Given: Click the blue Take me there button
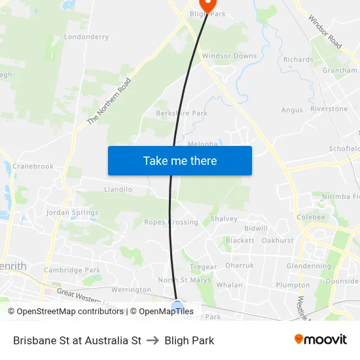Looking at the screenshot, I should click(180, 160).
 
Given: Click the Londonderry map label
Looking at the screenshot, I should click(86, 37).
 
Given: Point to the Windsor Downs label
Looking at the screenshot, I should click(229, 56).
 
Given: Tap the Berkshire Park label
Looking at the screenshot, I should click(182, 113).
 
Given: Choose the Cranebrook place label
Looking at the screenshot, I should click(33, 166).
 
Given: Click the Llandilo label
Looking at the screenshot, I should click(118, 190).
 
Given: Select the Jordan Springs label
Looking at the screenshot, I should click(72, 213).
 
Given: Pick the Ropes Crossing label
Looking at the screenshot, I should click(171, 222).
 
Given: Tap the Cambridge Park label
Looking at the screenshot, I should click(72, 270).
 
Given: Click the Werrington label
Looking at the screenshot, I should click(131, 289).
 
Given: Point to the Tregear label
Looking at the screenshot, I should click(203, 267).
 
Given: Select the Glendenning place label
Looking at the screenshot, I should click(309, 266).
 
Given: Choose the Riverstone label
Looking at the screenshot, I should click(329, 109).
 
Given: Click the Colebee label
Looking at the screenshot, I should click(310, 217).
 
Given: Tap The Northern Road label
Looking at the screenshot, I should click(109, 101).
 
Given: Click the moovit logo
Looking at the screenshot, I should click(320, 340).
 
